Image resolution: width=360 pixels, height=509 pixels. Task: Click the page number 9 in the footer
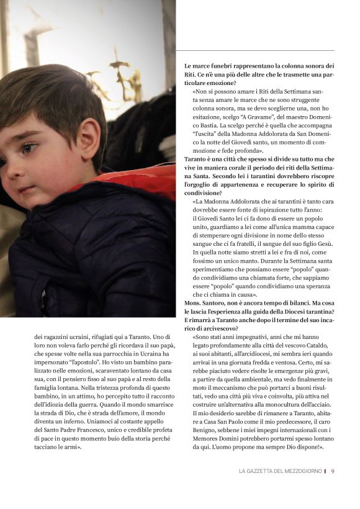[333, 471]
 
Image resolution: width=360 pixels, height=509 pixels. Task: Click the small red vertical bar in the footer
[325, 471]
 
